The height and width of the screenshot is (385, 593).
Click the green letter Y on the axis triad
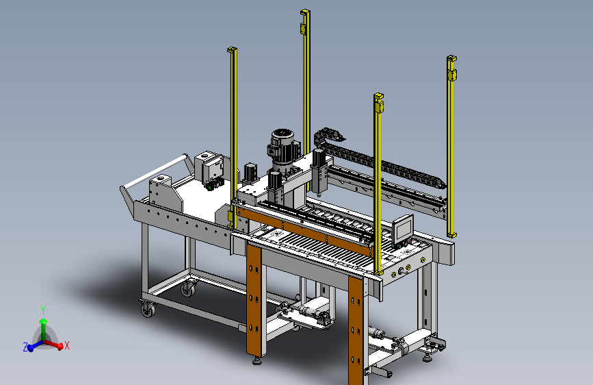click(43, 310)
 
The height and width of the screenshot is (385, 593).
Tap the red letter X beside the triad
click(66, 345)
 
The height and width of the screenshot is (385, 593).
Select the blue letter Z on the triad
click(25, 347)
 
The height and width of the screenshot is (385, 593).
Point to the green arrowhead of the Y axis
click(44, 322)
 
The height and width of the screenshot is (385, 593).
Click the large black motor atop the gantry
click(283, 149)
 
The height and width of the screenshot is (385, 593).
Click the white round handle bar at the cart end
click(155, 172)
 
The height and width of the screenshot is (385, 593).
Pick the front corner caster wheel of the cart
click(148, 310)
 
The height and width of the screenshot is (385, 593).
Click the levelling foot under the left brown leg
click(257, 360)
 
